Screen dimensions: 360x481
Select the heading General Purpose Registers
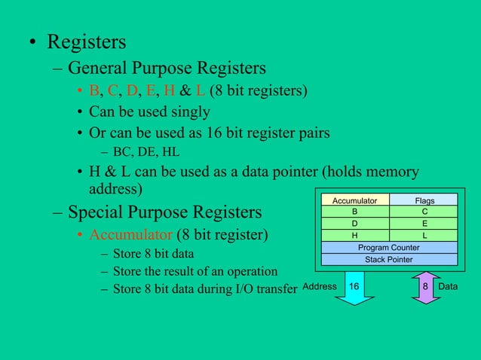click(167, 69)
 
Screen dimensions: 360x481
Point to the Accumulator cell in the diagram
click(355, 200)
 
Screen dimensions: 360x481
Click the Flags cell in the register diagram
click(424, 200)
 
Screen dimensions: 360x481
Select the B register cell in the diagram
click(355, 212)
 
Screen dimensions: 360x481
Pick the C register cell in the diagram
click(424, 212)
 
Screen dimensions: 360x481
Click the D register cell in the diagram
click(355, 224)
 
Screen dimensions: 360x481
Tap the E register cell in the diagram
click(424, 224)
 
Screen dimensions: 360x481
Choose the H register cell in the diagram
click(355, 235)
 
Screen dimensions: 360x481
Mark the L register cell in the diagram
click(424, 235)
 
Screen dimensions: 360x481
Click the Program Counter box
click(389, 247)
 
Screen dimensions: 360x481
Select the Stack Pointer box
click(389, 259)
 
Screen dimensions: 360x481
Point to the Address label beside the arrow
click(320, 287)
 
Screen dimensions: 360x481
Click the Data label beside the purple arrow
click(450, 287)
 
